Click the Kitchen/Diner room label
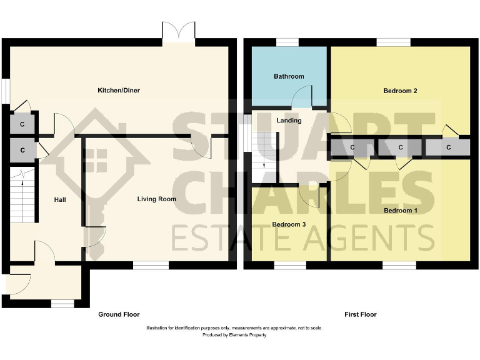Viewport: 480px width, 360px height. (119, 91)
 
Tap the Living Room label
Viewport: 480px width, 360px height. (157, 199)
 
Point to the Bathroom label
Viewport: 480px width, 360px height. (289, 76)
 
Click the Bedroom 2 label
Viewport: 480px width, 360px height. (400, 91)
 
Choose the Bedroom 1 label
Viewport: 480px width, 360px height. (400, 211)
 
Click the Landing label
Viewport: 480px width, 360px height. (289, 121)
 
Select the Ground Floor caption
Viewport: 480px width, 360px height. (119, 314)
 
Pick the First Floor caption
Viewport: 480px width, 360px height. (361, 314)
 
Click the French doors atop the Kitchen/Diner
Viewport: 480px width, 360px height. (179, 31)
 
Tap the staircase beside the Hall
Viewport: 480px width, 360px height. (22, 197)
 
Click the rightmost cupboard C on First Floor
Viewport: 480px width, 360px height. (449, 147)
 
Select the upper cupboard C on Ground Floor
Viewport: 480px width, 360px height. (22, 124)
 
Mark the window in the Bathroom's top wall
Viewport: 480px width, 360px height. (287, 42)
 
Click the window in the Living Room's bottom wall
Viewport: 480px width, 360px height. (151, 266)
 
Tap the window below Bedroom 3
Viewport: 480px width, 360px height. (290, 266)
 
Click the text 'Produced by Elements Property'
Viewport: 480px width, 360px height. (234, 336)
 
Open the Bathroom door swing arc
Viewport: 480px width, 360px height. (302, 95)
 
